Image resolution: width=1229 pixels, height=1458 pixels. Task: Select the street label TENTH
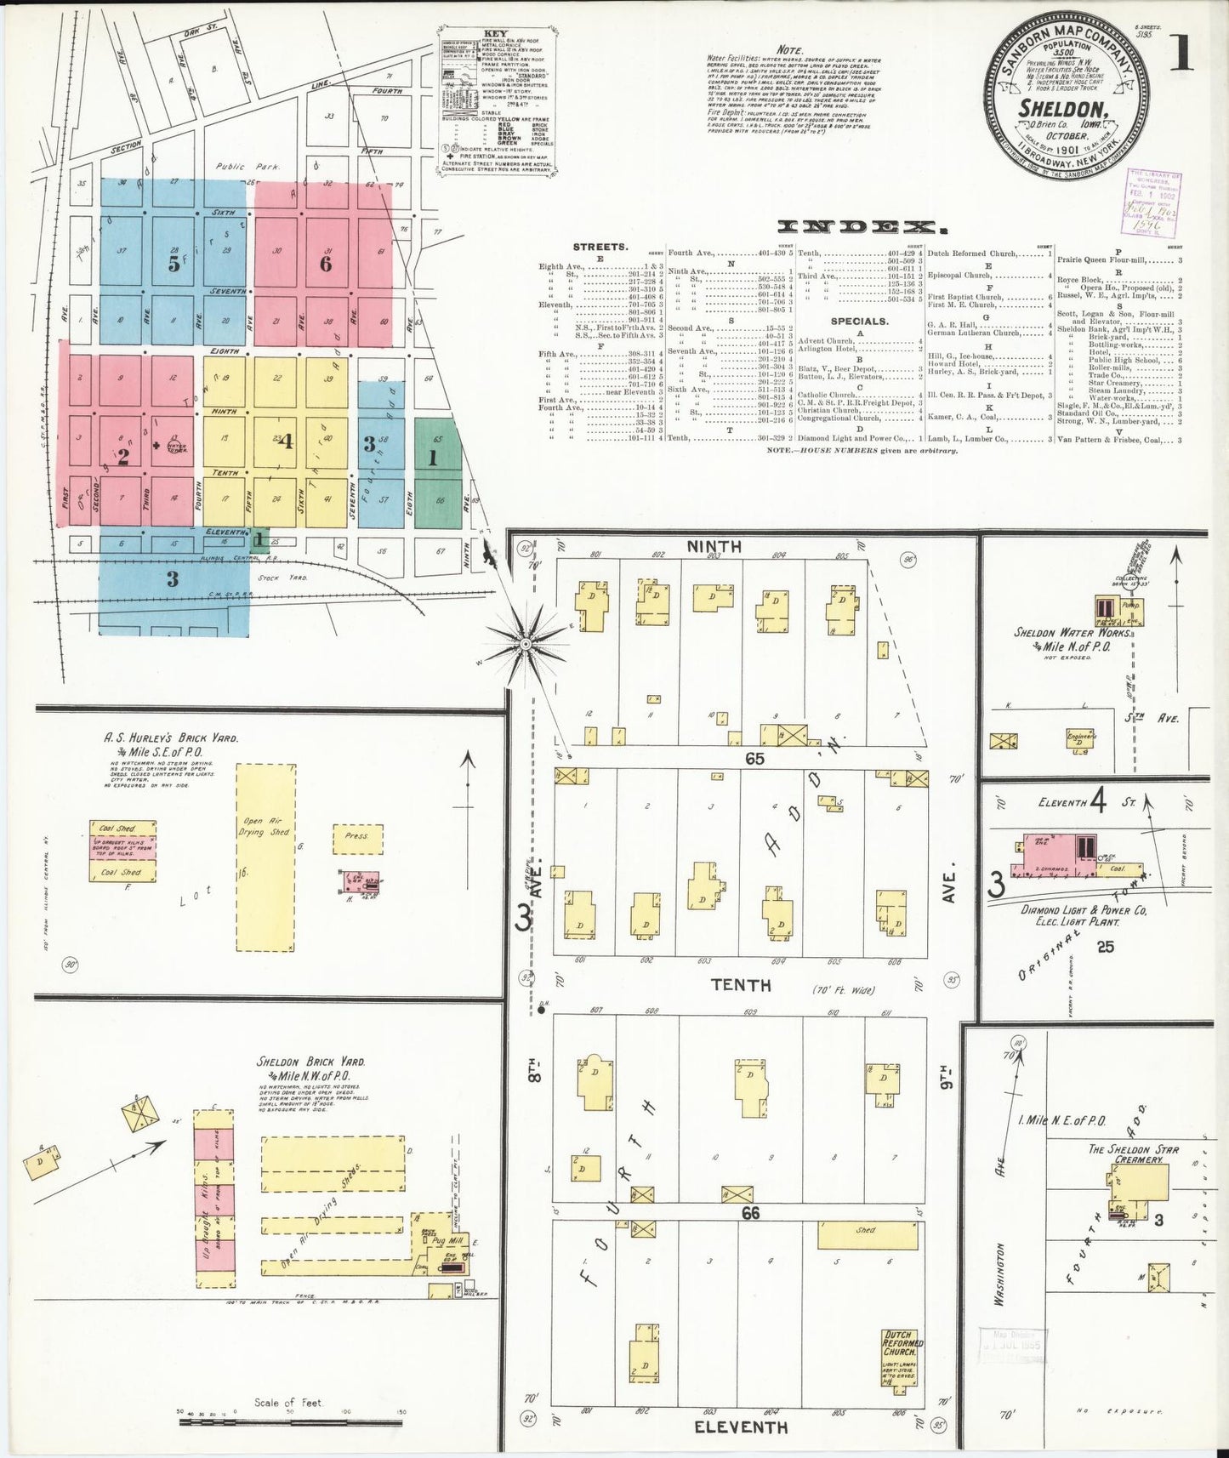coord(741,984)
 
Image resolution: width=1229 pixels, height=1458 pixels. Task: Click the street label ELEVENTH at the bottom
coord(741,1427)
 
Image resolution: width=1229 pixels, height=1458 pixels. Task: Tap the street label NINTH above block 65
coord(714,546)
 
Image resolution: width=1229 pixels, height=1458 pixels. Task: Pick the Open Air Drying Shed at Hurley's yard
coord(265,855)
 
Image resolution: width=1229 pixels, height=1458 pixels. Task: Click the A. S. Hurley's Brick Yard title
coord(171,738)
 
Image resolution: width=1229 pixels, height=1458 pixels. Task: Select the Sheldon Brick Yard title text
coord(311,1062)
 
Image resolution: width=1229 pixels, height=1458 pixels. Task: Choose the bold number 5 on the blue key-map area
coord(174,265)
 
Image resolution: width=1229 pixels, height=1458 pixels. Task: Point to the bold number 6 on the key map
coord(325,265)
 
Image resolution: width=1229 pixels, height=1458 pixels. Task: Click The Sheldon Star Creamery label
coord(1134,1153)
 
